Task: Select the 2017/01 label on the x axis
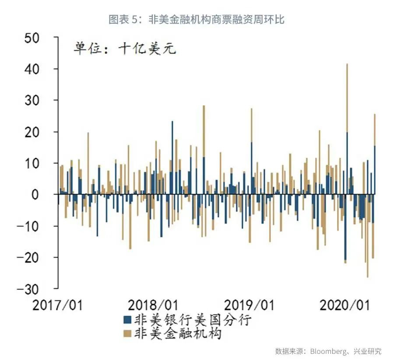pyautogui.click(x=57, y=304)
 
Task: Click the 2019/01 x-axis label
pyautogui.click(x=249, y=304)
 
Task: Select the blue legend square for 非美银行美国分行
pyautogui.click(x=128, y=319)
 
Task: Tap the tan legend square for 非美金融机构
pyautogui.click(x=128, y=334)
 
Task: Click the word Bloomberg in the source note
pyautogui.click(x=327, y=351)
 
